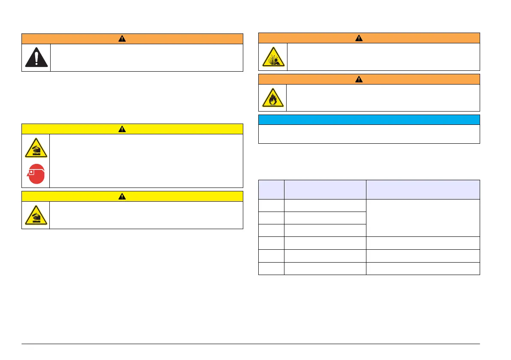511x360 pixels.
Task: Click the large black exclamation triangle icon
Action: coord(36,57)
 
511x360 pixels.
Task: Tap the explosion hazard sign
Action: coord(273,57)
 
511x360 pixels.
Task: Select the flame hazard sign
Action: coord(273,98)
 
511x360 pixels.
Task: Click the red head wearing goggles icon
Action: coord(36,174)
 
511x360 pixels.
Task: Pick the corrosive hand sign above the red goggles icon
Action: coord(36,148)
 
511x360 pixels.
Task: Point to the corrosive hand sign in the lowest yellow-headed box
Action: coord(36,215)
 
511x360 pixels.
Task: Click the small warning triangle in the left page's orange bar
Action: coord(122,39)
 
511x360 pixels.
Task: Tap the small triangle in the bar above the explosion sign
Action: coord(359,38)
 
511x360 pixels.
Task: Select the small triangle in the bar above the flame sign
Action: coord(359,79)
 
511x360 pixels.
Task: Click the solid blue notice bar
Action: coord(369,119)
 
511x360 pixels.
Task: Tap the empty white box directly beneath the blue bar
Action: coord(369,134)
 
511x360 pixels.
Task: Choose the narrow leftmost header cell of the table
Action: coord(271,189)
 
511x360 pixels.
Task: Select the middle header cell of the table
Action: coord(325,189)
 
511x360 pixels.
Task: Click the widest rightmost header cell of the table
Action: coord(423,189)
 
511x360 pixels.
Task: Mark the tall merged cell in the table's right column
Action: coord(423,218)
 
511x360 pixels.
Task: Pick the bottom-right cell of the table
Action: coord(423,268)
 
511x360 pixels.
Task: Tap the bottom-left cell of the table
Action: coord(271,268)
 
